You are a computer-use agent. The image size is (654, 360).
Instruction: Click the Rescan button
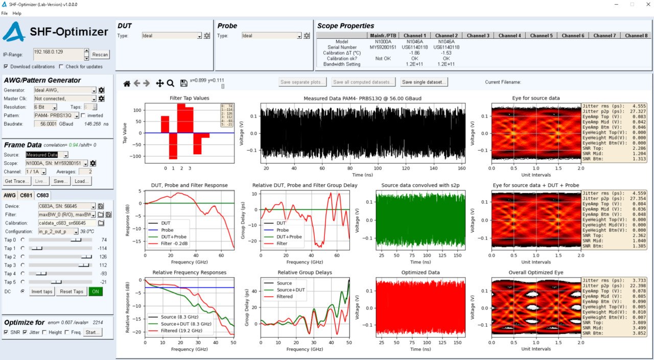pyautogui.click(x=100, y=55)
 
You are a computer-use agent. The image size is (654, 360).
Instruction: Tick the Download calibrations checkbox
pyautogui.click(x=6, y=66)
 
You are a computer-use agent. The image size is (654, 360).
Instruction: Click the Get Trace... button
pyautogui.click(x=16, y=181)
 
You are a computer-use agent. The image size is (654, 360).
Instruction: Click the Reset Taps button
pyautogui.click(x=71, y=292)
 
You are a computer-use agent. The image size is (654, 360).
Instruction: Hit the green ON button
pyautogui.click(x=95, y=292)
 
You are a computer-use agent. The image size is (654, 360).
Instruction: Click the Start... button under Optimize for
pyautogui.click(x=92, y=332)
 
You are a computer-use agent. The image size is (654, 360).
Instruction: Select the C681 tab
pyautogui.click(x=26, y=196)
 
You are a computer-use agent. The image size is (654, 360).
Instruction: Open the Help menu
pyautogui.click(x=17, y=13)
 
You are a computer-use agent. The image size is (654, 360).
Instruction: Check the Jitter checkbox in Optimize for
pyautogui.click(x=25, y=332)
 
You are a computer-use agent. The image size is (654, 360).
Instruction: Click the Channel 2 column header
pyautogui.click(x=446, y=36)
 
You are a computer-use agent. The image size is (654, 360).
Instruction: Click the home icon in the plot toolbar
pyautogui.click(x=127, y=83)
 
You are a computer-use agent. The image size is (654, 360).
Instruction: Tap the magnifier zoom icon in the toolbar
pyautogui.click(x=171, y=83)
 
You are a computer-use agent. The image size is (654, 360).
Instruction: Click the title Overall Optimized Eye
pyautogui.click(x=535, y=273)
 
